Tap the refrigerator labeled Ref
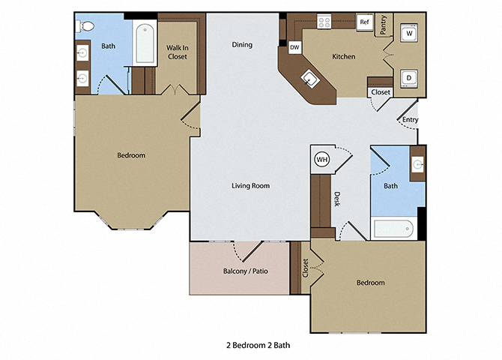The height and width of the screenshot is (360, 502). (365, 22)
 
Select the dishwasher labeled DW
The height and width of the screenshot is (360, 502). (294, 46)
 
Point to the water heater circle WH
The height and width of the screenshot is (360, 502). (321, 159)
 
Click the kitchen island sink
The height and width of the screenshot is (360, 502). (308, 77)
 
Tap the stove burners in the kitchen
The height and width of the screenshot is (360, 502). (325, 22)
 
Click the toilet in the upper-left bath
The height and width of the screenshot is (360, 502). (85, 26)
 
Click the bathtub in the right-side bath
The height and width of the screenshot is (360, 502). (392, 229)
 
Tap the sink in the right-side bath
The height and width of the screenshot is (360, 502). (417, 163)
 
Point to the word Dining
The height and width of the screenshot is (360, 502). (241, 44)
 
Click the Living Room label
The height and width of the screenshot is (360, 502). (250, 185)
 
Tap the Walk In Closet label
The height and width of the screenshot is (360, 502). (177, 52)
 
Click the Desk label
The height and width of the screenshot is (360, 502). (337, 199)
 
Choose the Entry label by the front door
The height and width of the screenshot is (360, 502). (410, 119)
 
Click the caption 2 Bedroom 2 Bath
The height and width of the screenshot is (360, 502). (257, 346)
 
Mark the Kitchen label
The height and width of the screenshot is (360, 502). (344, 56)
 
